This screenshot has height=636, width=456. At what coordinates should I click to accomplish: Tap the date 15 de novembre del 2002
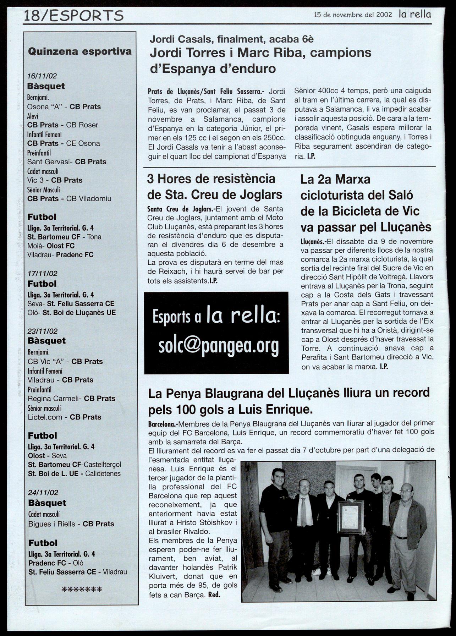pos(353,15)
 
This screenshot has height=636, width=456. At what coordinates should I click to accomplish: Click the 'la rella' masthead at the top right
pos(415,14)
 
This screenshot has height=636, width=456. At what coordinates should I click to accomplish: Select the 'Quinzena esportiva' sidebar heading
pos(79,51)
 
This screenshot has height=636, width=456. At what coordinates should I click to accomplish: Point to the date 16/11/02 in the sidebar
pos(42,76)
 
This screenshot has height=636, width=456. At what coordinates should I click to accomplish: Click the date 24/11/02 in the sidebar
pos(43,493)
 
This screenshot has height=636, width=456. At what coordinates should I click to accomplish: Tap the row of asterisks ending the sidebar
pos(82,590)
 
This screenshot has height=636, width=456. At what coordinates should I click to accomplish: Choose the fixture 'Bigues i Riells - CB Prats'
pos(71,524)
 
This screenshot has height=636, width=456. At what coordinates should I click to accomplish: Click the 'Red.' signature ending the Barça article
pos(214,595)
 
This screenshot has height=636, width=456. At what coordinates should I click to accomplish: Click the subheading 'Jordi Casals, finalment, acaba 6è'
pos(231,39)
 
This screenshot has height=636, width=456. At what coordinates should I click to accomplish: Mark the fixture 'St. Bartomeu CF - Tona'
pos(64,237)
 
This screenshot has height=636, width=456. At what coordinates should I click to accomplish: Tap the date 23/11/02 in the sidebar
pos(43,331)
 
